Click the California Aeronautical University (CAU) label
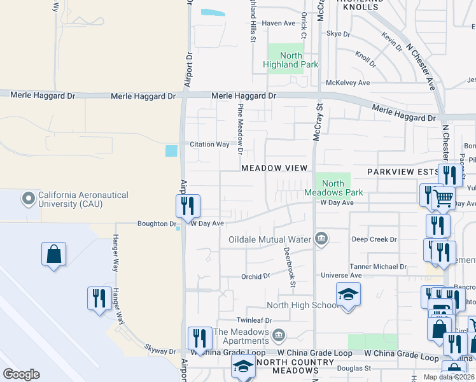[x=83, y=199]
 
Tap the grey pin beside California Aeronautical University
[x=29, y=199]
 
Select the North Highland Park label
[x=282, y=60]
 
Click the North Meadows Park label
[x=333, y=188]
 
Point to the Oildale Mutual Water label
[x=270, y=239]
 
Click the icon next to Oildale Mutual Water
[x=321, y=239]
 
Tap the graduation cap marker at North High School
[x=348, y=295]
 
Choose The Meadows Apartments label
[x=241, y=336]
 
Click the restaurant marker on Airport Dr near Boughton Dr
[x=188, y=206]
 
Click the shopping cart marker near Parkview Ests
[x=443, y=198]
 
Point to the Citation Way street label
[x=209, y=145]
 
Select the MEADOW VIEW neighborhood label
[x=274, y=168]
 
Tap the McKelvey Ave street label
[x=347, y=83]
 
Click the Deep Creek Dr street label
[x=375, y=239]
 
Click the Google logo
[x=21, y=374]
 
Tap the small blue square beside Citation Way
[x=171, y=151]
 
